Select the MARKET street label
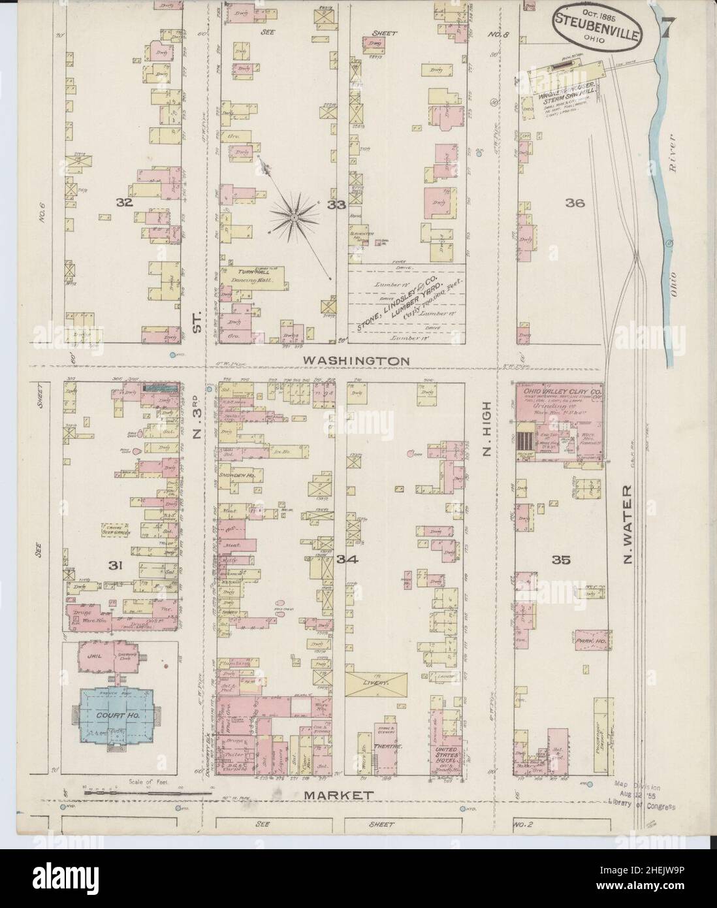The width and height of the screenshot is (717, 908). pyautogui.click(x=338, y=795)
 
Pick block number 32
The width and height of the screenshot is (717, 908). pyautogui.click(x=125, y=203)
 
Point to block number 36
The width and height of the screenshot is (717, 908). pyautogui.click(x=575, y=203)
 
